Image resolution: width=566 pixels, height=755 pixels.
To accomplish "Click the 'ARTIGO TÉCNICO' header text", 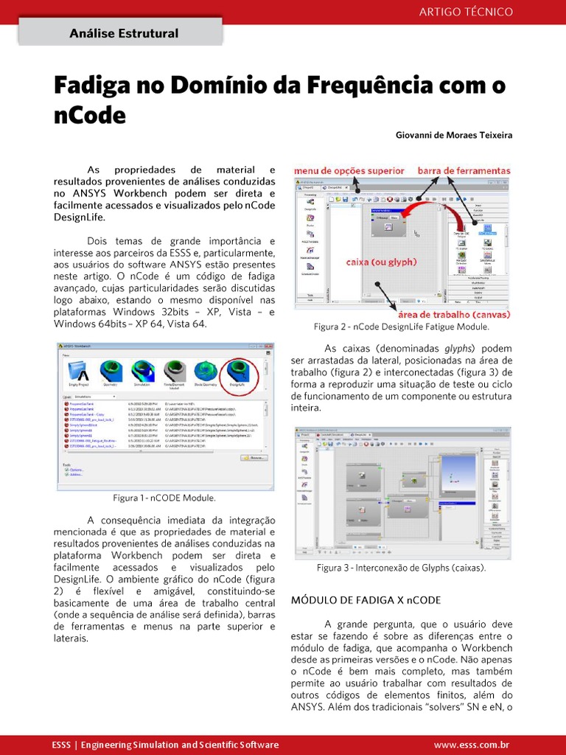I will point(466,12).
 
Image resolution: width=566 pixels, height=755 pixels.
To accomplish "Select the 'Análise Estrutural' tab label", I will point(123,33).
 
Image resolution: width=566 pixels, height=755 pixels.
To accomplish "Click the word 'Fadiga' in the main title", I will point(88,86).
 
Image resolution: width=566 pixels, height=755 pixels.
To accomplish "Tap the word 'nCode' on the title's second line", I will point(90,116).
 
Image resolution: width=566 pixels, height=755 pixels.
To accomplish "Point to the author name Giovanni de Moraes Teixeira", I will point(453,136).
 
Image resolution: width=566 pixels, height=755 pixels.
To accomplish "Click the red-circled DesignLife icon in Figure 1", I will point(237,373).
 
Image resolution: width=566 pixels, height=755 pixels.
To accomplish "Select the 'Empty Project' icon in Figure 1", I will point(78,373).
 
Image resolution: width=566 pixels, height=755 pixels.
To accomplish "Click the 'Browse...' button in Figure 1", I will point(255,457).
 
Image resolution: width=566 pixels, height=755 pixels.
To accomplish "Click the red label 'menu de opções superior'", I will point(349,171).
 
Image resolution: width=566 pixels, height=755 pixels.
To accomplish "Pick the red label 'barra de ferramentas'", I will point(464,171).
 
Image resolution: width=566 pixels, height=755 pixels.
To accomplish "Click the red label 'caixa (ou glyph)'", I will point(382,262).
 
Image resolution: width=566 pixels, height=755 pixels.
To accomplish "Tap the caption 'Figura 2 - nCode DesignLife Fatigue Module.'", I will point(401,327).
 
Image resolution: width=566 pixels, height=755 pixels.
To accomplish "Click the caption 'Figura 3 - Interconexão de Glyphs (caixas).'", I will point(401,568).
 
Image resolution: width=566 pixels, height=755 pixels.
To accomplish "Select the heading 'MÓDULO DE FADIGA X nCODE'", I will point(366,599).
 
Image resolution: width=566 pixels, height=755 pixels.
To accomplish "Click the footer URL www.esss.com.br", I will point(472,745).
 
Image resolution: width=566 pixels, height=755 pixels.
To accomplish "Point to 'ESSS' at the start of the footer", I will point(61,745).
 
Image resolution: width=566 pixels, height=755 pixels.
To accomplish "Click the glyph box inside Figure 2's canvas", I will point(389,223).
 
